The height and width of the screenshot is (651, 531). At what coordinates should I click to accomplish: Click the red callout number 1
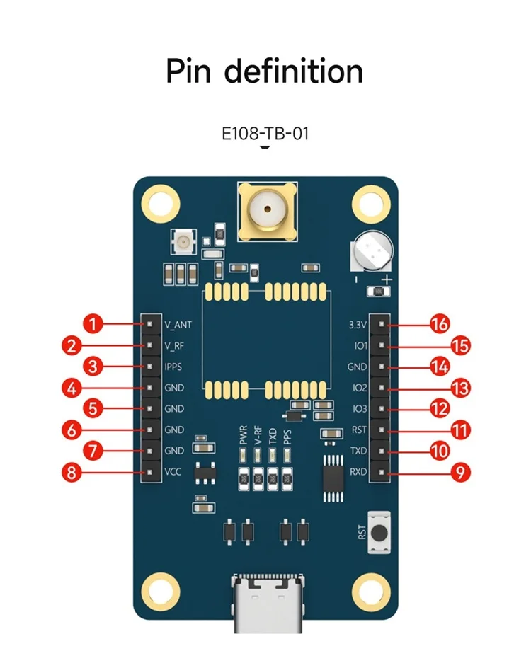click(x=93, y=325)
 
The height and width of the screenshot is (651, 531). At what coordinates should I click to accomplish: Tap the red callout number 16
click(x=440, y=325)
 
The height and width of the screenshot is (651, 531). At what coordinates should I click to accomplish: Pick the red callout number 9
click(x=461, y=472)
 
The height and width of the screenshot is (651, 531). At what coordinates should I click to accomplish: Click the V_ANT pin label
click(x=178, y=325)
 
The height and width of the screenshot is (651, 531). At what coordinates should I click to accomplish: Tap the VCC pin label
click(x=173, y=472)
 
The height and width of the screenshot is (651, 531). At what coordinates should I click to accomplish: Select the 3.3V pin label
click(x=358, y=325)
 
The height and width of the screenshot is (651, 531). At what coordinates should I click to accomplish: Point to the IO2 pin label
click(x=359, y=388)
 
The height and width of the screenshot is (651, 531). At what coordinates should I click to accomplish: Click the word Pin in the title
click(x=189, y=71)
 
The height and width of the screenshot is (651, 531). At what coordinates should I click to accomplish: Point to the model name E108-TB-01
click(x=265, y=133)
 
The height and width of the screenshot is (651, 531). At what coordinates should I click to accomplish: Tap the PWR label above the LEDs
click(x=243, y=434)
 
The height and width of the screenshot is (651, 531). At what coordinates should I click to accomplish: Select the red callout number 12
click(x=440, y=408)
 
